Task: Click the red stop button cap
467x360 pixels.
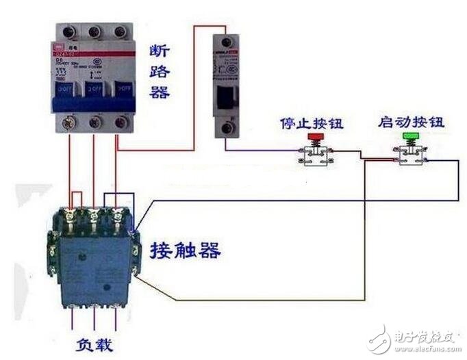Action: [x=316, y=137]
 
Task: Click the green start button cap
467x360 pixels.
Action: [x=411, y=137]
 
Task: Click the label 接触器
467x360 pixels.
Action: [x=186, y=250]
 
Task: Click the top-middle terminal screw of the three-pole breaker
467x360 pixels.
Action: [x=94, y=32]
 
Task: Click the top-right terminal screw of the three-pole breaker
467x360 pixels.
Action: [x=121, y=32]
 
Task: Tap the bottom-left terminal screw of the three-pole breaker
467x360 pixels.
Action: [x=68, y=123]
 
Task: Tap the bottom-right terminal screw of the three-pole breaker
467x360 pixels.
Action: [x=121, y=123]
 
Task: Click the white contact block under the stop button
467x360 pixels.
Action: [x=316, y=156]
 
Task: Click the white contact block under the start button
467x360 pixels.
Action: [x=411, y=156]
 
